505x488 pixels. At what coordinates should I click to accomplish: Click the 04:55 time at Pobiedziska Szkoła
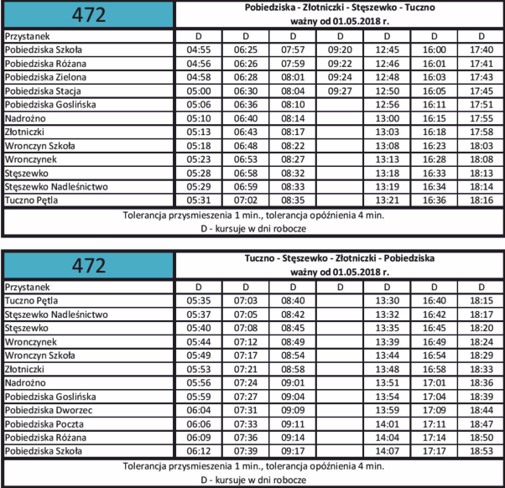coord(198,49)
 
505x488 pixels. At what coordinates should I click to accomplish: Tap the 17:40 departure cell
coord(482,49)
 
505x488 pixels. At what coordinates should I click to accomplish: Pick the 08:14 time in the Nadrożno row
coord(293,118)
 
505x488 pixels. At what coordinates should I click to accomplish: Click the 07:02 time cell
coord(246,200)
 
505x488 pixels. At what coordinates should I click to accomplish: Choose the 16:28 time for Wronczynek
coord(435,159)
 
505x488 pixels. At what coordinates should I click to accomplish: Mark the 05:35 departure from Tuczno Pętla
coord(198,300)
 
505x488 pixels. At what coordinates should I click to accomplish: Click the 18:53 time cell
coord(482,451)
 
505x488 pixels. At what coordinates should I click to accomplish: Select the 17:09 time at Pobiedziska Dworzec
coord(435,410)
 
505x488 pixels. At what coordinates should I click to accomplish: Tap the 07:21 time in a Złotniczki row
coord(246,369)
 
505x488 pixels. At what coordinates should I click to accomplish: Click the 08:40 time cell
coord(293,300)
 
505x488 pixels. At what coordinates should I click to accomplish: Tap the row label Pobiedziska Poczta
coord(46,423)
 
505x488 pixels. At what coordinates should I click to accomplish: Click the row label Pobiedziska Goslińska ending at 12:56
coord(50,105)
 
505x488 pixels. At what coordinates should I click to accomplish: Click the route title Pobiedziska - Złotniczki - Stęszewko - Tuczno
coord(340,7)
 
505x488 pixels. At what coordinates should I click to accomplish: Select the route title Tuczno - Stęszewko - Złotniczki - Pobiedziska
coord(340,257)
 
